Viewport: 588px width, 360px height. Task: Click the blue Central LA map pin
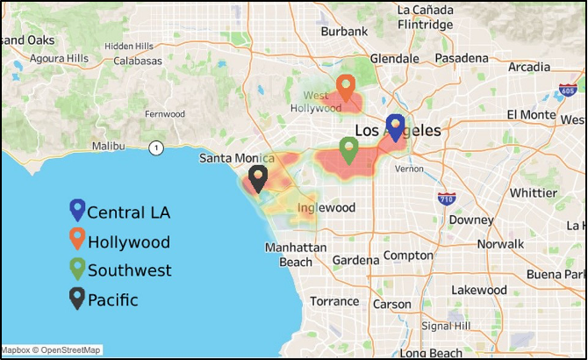(395, 127)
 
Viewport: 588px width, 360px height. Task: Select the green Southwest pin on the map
(348, 149)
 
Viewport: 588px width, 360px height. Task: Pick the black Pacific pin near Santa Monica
(258, 178)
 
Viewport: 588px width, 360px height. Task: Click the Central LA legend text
(128, 212)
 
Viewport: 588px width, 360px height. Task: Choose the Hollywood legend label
(128, 241)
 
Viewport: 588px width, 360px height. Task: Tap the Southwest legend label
(129, 270)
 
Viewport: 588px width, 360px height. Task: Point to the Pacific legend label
(112, 299)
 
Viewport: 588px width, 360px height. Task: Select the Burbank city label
(344, 31)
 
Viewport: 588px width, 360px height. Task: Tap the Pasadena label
(461, 58)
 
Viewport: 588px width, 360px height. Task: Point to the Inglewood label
(326, 208)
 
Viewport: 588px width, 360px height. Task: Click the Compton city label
(408, 256)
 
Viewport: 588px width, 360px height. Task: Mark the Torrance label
(334, 301)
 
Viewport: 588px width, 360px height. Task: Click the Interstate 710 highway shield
(448, 199)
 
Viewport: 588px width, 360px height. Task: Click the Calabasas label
(136, 61)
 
